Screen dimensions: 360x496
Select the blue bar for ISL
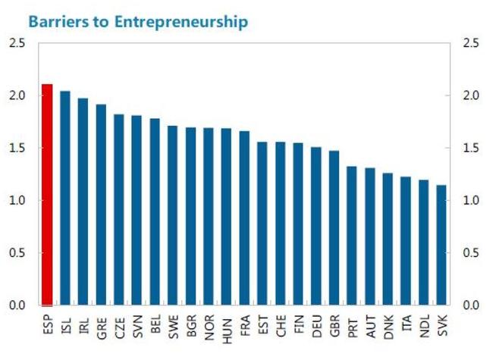tap(65, 198)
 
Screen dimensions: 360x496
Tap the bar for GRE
tap(101, 205)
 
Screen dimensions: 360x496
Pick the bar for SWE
tap(173, 215)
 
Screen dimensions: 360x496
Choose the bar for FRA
tap(244, 218)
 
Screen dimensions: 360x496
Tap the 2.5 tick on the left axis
tap(17, 43)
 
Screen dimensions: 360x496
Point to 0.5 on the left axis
tap(17, 252)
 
